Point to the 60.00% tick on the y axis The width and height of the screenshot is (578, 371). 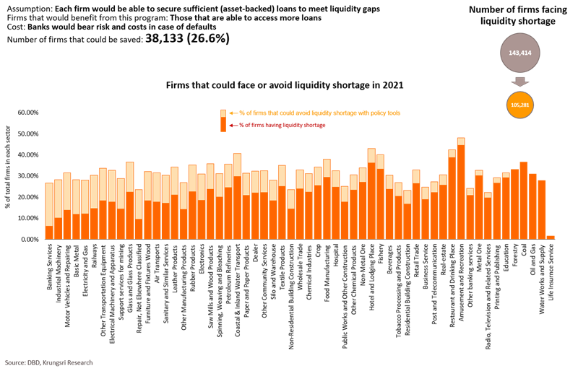click(27, 113)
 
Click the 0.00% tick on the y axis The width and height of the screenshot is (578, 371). click(29, 238)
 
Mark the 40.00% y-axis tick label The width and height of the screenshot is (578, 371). click(27, 155)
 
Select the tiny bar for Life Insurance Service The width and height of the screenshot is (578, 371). click(551, 237)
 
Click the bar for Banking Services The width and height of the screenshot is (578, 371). click(49, 211)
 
